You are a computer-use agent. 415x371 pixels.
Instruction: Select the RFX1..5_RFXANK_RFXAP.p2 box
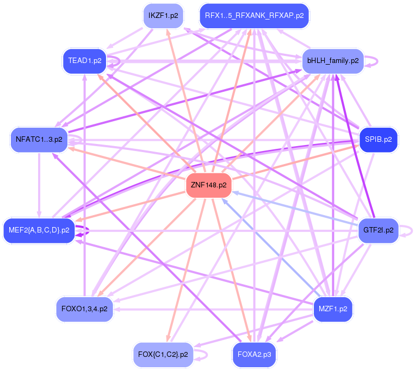(254, 16)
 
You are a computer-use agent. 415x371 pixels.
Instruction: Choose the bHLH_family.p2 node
(333, 60)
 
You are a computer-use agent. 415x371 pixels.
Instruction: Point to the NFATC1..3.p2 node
(39, 140)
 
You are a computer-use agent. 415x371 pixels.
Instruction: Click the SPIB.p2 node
(379, 140)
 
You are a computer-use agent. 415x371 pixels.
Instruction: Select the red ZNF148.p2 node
(208, 185)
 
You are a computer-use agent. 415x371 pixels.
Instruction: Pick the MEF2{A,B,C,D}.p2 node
(39, 230)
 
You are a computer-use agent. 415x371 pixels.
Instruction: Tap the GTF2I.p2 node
(379, 230)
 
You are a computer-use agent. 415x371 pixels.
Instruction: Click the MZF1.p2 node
(333, 309)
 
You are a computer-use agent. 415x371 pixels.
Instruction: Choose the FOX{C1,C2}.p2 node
(163, 354)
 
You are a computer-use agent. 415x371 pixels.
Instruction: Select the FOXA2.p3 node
(254, 354)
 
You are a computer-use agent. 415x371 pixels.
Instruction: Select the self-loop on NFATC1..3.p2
(80, 140)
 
